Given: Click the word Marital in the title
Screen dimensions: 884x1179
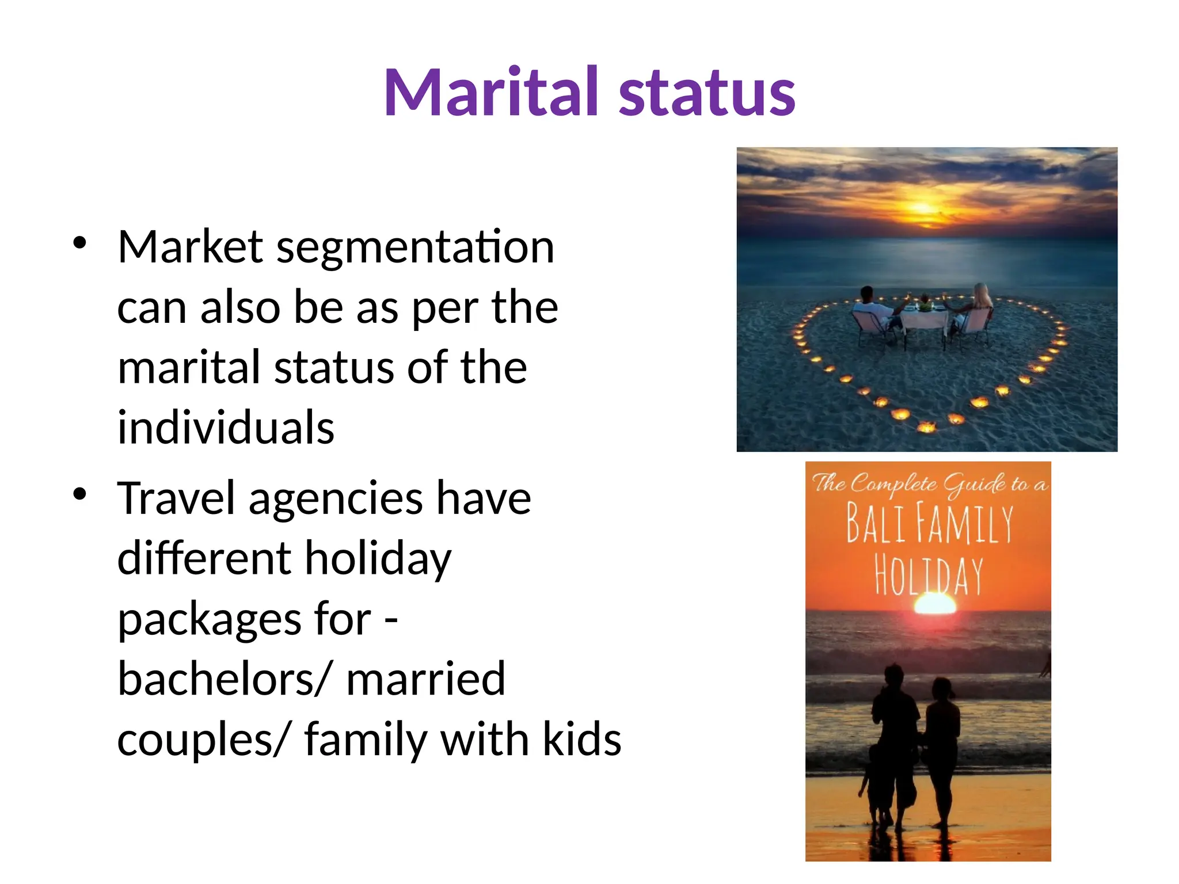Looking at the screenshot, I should (x=492, y=92).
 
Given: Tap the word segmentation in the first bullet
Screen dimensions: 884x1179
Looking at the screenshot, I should (x=415, y=247).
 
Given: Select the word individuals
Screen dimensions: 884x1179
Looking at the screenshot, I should (x=226, y=428).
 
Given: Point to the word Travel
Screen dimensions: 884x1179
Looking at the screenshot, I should (x=176, y=498).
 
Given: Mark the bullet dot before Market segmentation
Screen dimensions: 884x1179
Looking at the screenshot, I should (x=80, y=242).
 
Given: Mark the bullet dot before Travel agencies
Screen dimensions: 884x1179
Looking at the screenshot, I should (x=80, y=494).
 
